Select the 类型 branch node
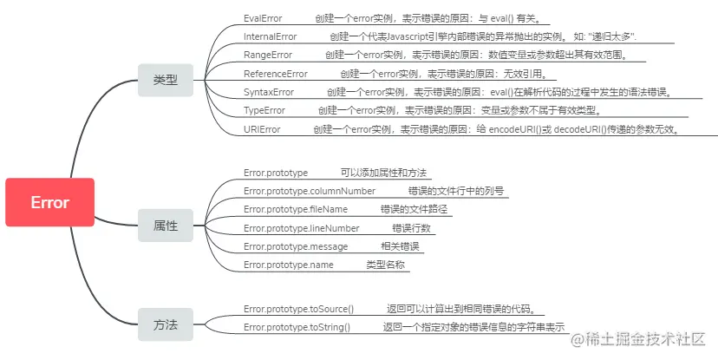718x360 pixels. tap(166, 80)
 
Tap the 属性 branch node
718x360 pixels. tap(166, 226)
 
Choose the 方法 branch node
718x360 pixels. tap(166, 324)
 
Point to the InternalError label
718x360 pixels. tap(271, 36)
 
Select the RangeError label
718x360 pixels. tap(268, 55)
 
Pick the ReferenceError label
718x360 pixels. tap(276, 74)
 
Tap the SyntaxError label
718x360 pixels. tap(269, 92)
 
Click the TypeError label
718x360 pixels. tap(264, 111)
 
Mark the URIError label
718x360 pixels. tap(262, 129)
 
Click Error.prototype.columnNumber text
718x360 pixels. tap(310, 191)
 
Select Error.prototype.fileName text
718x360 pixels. tap(296, 209)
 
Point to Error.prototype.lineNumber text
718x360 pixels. tap(301, 228)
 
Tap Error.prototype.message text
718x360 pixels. tap(296, 246)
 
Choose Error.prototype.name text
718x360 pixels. tap(289, 265)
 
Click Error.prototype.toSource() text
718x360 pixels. tap(299, 309)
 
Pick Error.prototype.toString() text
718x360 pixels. tap(297, 327)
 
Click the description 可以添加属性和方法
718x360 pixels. tap(383, 173)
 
